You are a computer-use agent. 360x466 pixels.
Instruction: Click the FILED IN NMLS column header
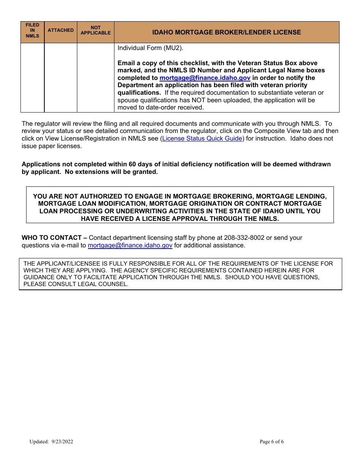pyautogui.click(x=32, y=31)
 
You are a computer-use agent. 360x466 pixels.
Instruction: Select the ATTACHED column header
pyautogui.click(x=61, y=30)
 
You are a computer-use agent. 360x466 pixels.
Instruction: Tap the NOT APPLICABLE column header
pyautogui.click(x=95, y=30)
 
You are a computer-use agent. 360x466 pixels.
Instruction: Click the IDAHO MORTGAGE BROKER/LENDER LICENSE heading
pyautogui.click(x=227, y=33)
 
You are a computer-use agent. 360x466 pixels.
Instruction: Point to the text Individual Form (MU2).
pyautogui.click(x=150, y=48)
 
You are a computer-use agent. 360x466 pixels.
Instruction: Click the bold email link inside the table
pyautogui.click(x=205, y=78)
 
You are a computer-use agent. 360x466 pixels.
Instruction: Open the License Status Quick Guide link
pyautogui.click(x=202, y=139)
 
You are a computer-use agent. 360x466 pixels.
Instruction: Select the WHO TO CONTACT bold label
pyautogui.click(x=54, y=238)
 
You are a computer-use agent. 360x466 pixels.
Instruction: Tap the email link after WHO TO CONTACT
pyautogui.click(x=130, y=246)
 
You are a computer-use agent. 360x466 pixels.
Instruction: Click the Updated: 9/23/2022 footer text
pyautogui.click(x=51, y=442)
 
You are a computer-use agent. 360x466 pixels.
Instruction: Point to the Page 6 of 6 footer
pyautogui.click(x=272, y=442)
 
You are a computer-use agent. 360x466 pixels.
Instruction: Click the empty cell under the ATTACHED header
pyautogui.click(x=61, y=78)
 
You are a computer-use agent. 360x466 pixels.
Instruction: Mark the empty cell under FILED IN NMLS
pyautogui.click(x=32, y=78)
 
